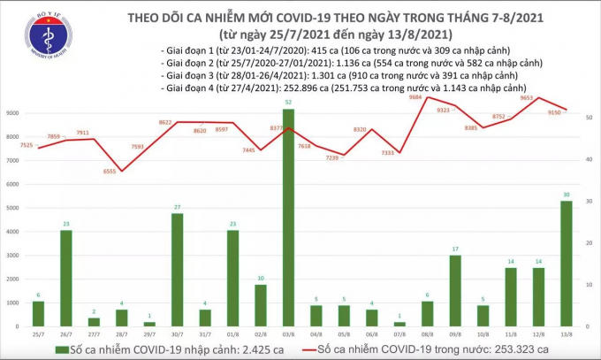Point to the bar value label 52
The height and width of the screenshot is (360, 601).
pyautogui.click(x=288, y=103)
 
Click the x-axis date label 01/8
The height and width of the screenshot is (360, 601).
pyautogui.click(x=233, y=334)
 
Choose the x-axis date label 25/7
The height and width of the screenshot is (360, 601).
pyautogui.click(x=38, y=334)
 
